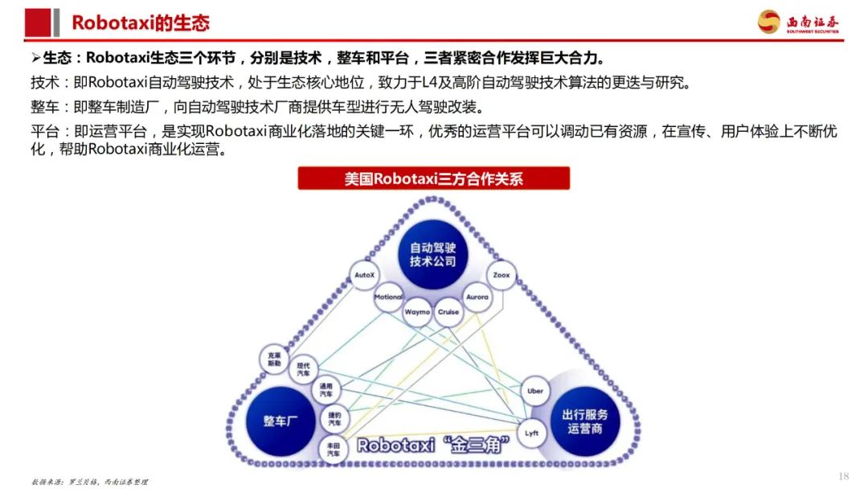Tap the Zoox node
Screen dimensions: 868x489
click(x=502, y=275)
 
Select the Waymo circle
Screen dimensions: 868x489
click(x=416, y=311)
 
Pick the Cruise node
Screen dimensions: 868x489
click(x=448, y=311)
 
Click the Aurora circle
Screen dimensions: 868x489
click(x=477, y=297)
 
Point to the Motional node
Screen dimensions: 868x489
click(x=389, y=297)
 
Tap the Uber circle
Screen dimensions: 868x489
click(x=535, y=391)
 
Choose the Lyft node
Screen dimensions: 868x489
click(x=531, y=432)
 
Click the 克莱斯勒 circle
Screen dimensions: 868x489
click(x=275, y=360)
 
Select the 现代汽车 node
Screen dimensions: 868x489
click(x=304, y=369)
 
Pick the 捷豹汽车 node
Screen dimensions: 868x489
click(x=334, y=419)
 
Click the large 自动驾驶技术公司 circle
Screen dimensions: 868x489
click(x=432, y=253)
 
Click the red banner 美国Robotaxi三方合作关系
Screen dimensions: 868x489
click(x=433, y=178)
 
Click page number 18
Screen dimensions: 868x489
click(x=843, y=475)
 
